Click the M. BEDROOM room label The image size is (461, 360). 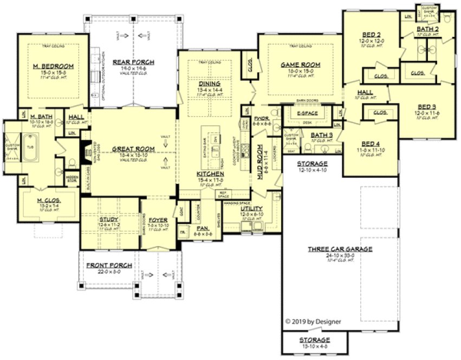pos(53,66)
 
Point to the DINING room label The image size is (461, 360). pos(209,83)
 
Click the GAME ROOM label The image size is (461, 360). pos(300,65)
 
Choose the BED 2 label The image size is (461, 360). pos(371,35)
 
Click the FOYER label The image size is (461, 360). pos(158,220)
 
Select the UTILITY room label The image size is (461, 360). pos(250,208)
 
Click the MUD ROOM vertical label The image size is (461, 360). pos(259,161)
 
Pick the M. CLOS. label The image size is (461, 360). pos(49,201)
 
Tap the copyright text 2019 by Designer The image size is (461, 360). pos(313,322)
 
